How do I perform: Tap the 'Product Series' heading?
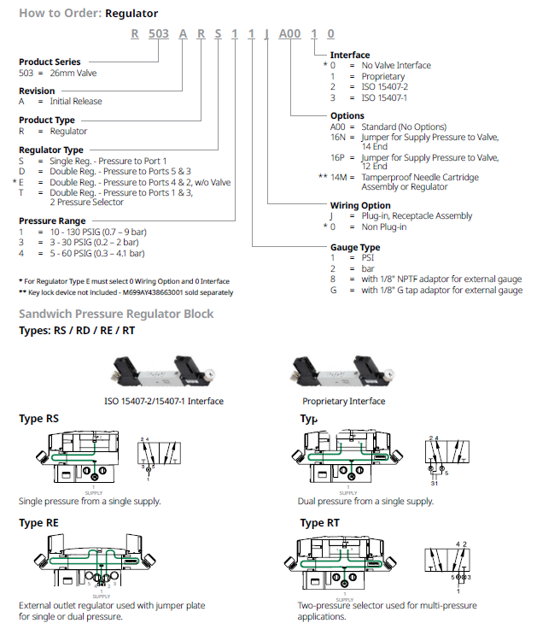[x=50, y=62]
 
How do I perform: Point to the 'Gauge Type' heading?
[x=356, y=247]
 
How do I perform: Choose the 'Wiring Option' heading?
[x=360, y=206]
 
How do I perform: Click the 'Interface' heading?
[x=350, y=55]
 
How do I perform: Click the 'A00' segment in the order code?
[x=289, y=35]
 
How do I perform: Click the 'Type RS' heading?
[x=39, y=419]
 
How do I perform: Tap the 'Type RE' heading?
[x=39, y=522]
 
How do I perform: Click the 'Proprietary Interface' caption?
[x=343, y=401]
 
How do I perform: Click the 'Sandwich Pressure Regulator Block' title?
[x=116, y=314]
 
